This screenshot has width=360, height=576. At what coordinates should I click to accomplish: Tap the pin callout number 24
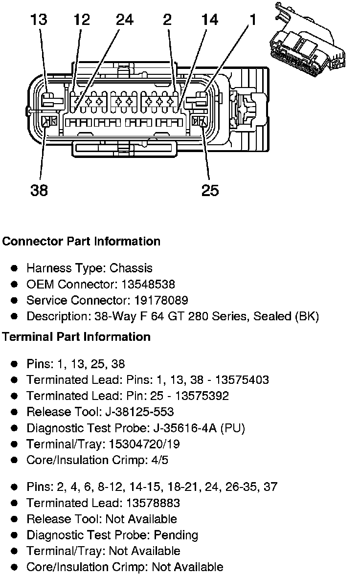point(125,20)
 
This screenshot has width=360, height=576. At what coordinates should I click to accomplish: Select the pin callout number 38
point(39,190)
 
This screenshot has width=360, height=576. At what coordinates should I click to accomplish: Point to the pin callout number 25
point(210,190)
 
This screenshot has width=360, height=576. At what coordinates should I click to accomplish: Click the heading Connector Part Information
point(81,242)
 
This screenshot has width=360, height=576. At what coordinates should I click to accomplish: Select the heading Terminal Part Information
point(76,337)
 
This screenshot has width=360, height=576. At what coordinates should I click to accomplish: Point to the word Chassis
point(131,268)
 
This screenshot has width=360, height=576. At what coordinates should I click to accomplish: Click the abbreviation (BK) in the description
point(307,316)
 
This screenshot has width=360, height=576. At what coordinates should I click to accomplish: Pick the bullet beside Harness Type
point(15,268)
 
